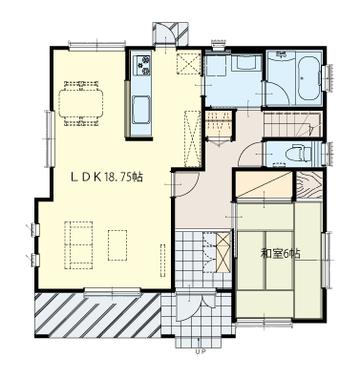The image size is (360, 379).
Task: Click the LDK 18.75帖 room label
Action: [107, 177]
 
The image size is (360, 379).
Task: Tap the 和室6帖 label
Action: [281, 254]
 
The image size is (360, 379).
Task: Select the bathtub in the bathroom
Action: [308, 79]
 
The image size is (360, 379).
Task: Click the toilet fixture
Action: [298, 154]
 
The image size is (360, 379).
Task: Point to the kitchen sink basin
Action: [141, 110]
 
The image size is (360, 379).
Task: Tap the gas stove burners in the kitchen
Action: [141, 65]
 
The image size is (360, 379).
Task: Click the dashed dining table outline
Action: [81, 104]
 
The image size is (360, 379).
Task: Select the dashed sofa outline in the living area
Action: [78, 245]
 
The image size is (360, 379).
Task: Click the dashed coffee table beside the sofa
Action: [117, 244]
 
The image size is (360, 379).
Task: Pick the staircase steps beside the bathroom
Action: [292, 124]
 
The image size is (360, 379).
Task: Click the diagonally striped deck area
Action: [97, 315]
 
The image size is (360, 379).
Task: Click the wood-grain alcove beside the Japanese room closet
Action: [309, 184]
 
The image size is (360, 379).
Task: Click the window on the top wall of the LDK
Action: [96, 46]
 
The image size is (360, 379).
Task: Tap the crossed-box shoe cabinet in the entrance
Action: [223, 252]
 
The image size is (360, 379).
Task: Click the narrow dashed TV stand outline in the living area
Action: [162, 260]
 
